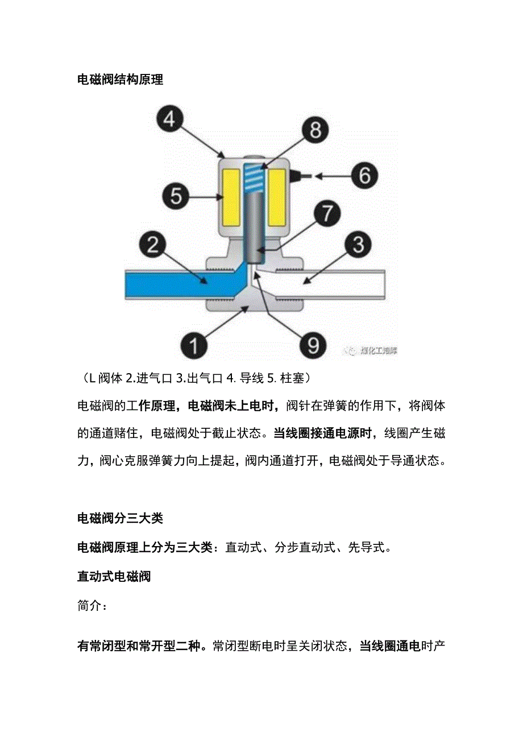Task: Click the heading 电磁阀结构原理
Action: pos(120,80)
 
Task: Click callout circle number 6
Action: pos(364,175)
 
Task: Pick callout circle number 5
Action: pos(176,197)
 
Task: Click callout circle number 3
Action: pos(358,245)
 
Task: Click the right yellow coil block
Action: pos(276,197)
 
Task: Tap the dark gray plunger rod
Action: pos(255,228)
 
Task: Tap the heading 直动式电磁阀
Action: pos(114,577)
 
